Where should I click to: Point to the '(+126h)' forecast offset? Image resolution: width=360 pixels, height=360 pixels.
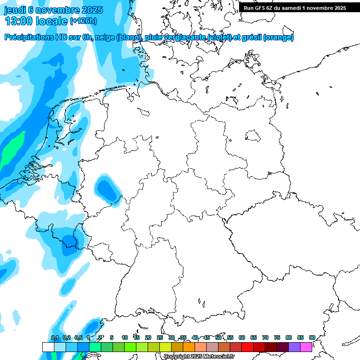tap(83, 21)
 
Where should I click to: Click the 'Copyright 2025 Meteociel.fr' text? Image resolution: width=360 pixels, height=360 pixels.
tap(199, 357)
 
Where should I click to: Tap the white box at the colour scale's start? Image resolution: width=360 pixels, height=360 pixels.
tap(48, 347)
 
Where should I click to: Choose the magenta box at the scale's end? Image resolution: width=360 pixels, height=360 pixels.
tap(306, 347)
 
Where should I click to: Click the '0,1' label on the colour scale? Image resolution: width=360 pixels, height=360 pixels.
tap(55, 337)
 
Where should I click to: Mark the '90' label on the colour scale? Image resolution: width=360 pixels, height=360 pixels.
tap(312, 337)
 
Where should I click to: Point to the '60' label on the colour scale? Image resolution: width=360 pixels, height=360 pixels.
tap(242, 337)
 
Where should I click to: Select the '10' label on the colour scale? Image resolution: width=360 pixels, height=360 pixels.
tap(125, 337)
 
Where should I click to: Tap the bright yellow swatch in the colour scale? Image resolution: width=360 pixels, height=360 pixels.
tap(165, 347)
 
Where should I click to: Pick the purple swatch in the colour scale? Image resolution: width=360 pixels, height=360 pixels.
tap(294, 347)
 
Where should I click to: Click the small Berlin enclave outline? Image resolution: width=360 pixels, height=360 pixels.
tap(253, 136)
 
